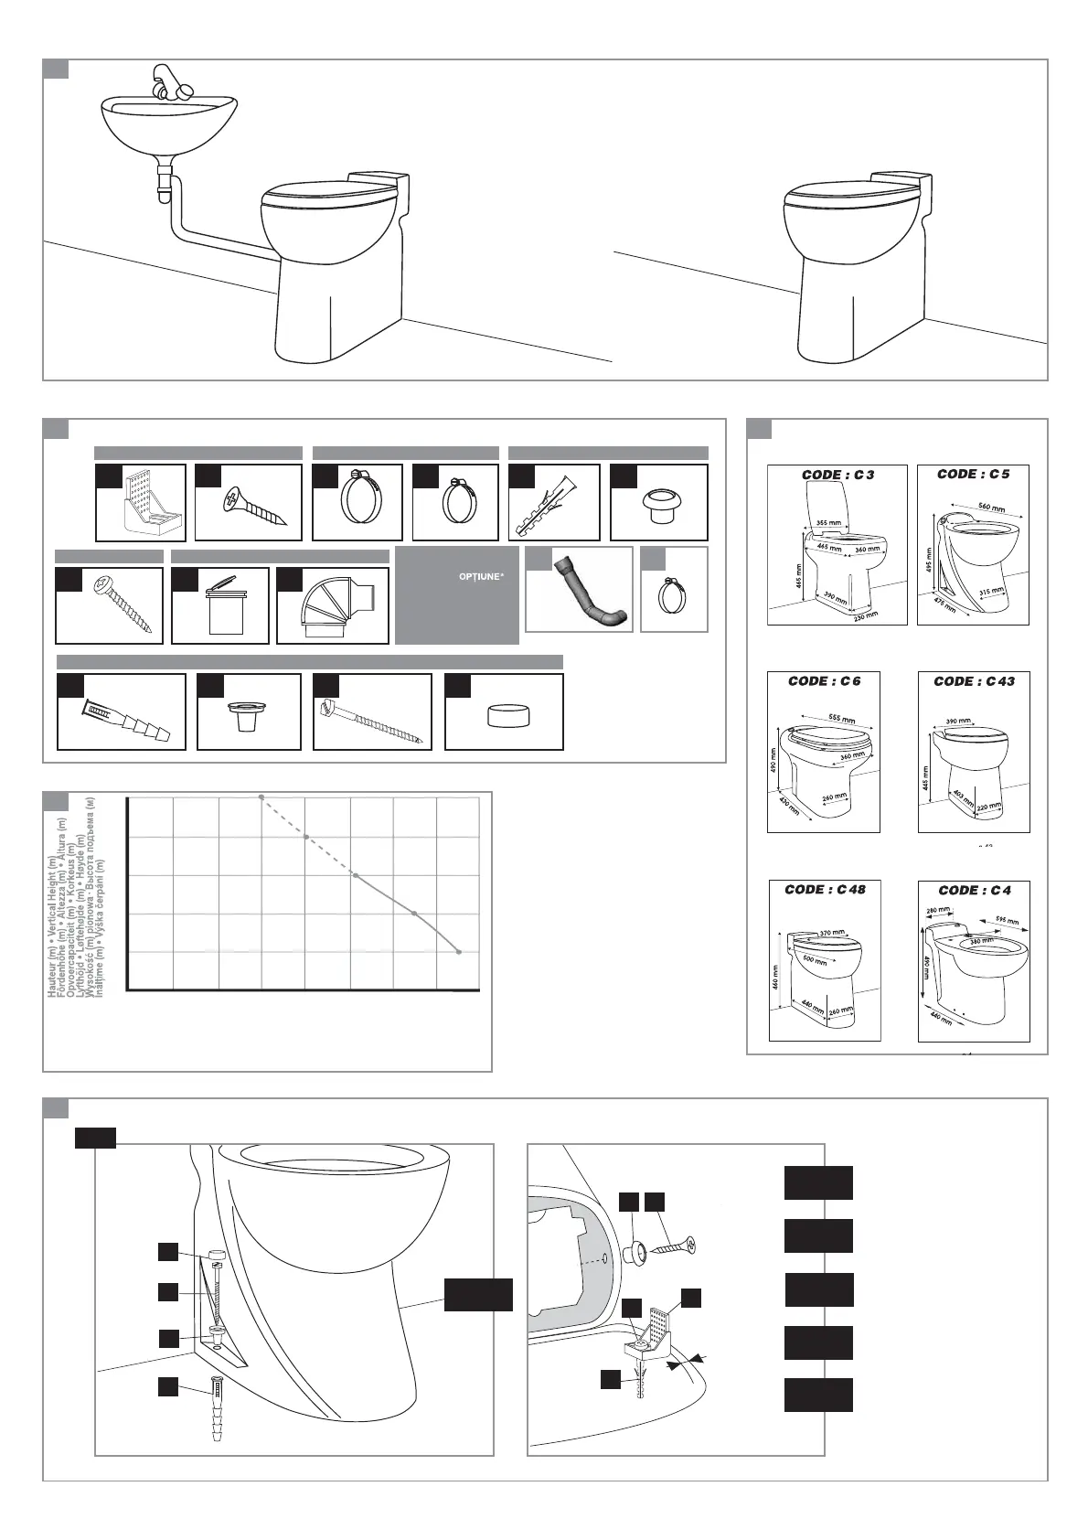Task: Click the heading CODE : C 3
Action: (x=837, y=475)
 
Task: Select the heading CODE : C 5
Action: (x=973, y=474)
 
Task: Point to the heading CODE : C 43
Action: (x=974, y=681)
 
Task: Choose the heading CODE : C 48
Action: (x=825, y=890)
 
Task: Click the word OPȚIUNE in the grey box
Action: (x=481, y=577)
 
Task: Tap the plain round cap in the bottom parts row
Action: (x=504, y=714)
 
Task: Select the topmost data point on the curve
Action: (x=261, y=797)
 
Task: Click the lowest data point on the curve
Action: (x=458, y=952)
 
